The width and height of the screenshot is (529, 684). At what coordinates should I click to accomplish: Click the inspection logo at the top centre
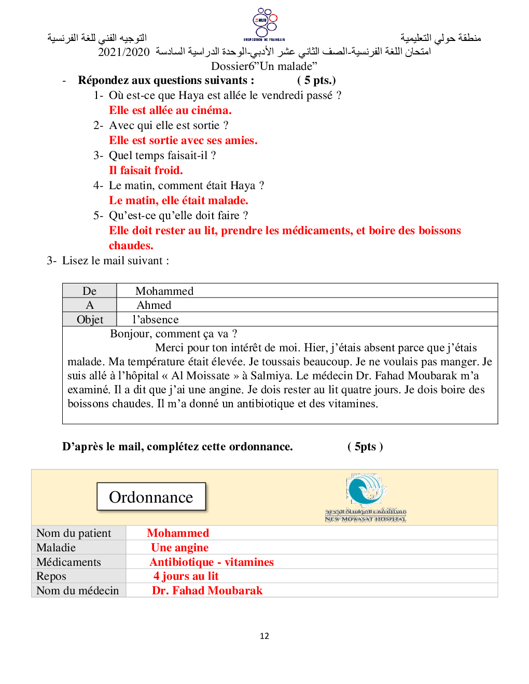coord(264,24)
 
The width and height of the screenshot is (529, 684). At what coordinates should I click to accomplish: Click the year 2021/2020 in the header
coord(123,52)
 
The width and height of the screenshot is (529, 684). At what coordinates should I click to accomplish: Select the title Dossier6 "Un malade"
coord(264,66)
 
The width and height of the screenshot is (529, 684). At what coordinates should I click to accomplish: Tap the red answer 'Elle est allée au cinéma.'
coord(170,110)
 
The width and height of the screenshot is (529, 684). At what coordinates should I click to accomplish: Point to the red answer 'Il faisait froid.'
coord(146,170)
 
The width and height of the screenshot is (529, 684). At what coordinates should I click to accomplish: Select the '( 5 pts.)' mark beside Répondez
coord(316,80)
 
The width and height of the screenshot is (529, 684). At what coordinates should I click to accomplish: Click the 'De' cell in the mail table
coord(90,291)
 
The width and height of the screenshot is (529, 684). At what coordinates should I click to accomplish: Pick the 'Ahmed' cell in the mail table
coord(154,305)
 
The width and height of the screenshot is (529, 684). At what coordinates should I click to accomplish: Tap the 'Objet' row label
coord(90,319)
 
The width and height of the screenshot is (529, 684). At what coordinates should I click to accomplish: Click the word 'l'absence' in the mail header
coord(156,319)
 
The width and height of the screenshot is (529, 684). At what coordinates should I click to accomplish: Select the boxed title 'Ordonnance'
coord(151,497)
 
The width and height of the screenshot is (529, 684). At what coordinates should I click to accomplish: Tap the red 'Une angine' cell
coord(179,548)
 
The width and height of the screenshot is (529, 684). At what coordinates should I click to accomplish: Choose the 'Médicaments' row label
coord(68,562)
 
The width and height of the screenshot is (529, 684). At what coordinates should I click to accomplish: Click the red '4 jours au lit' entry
coord(186,576)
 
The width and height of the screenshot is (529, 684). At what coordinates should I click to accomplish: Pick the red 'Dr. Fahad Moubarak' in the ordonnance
coord(207,591)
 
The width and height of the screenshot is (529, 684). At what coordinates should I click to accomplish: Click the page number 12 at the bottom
coord(264,636)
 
